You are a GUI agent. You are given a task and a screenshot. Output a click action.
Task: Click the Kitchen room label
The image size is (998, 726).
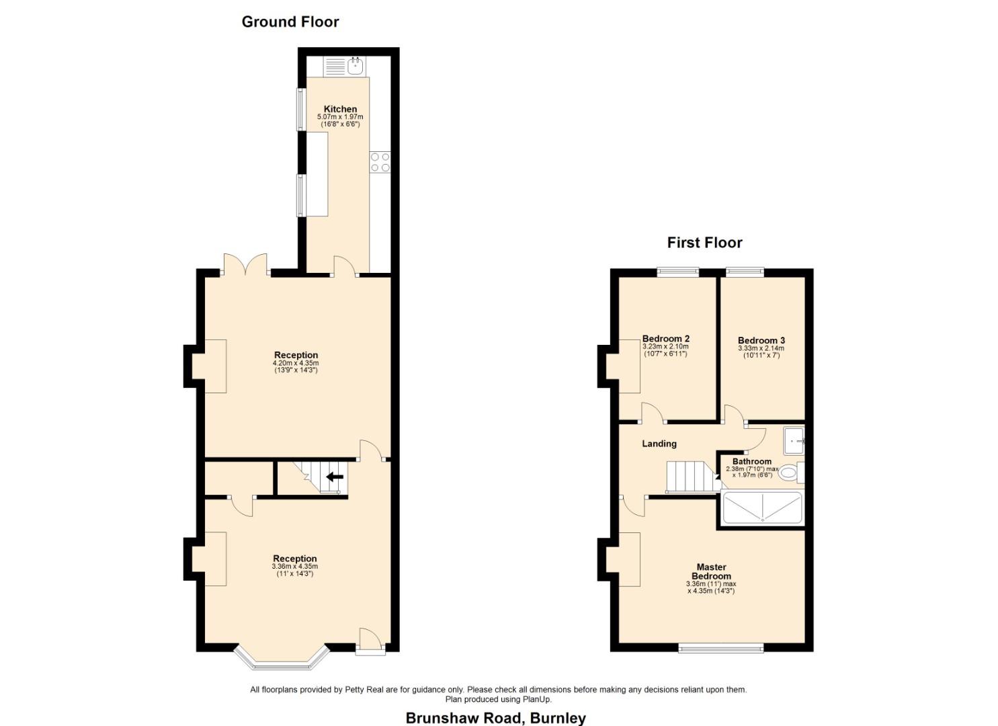pyautogui.click(x=340, y=109)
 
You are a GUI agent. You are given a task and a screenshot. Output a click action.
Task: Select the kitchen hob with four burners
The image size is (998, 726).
pyautogui.click(x=380, y=162)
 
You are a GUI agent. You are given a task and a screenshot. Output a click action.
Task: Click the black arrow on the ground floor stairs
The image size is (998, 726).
pyautogui.click(x=335, y=477)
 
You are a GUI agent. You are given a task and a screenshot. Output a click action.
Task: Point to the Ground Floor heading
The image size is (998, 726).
pyautogui.click(x=290, y=22)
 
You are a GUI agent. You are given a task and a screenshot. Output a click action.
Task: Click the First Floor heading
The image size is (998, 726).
pyautogui.click(x=704, y=243)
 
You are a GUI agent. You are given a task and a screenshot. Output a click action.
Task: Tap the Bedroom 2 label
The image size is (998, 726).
pyautogui.click(x=666, y=339)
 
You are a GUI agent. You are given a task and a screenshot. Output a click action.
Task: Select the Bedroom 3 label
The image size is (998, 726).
pyautogui.click(x=761, y=341)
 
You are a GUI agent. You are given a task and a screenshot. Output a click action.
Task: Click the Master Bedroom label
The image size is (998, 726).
pyautogui.click(x=711, y=571)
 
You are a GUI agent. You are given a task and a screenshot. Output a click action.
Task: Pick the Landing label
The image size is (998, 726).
pyautogui.click(x=659, y=444)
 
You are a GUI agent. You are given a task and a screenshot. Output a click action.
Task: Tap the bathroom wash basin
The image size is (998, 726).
pyautogui.click(x=794, y=440)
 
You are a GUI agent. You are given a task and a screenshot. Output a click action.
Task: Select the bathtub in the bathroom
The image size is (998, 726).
pyautogui.click(x=762, y=508)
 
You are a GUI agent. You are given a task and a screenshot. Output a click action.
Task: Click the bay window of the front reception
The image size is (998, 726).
pyautogui.click(x=282, y=660)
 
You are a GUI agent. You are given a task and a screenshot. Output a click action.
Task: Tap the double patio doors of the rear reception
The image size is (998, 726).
pyautogui.click(x=245, y=265)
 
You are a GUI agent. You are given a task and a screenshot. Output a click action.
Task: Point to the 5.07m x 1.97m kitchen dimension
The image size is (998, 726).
pyautogui.click(x=340, y=117)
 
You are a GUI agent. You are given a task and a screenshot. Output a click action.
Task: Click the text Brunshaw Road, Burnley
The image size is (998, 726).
pyautogui.click(x=495, y=718)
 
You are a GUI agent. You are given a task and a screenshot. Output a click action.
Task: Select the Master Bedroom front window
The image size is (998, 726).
pyautogui.click(x=721, y=648)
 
